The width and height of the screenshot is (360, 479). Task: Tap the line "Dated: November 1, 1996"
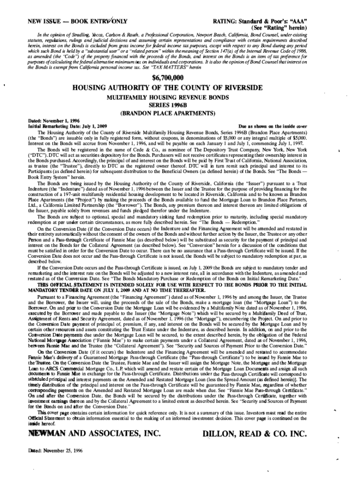(49, 121)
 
